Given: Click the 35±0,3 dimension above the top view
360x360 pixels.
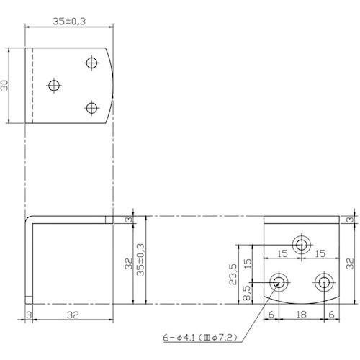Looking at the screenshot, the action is pyautogui.click(x=69, y=22).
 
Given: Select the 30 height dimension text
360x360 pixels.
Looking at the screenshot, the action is pyautogui.click(x=4, y=86).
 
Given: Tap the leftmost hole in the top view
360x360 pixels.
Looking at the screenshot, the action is pyautogui.click(x=54, y=86).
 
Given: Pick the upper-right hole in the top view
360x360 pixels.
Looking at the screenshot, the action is pyautogui.click(x=91, y=63).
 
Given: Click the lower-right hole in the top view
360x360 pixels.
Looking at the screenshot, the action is pyautogui.click(x=91, y=108).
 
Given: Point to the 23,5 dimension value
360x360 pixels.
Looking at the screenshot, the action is pyautogui.click(x=233, y=274).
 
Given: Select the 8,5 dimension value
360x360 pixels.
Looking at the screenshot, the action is pyautogui.click(x=246, y=293).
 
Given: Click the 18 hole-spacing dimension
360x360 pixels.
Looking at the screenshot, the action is pyautogui.click(x=302, y=315).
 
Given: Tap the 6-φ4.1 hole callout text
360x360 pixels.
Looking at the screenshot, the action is pyautogui.click(x=200, y=338).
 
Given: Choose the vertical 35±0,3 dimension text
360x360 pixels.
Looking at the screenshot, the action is pyautogui.click(x=140, y=260).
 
